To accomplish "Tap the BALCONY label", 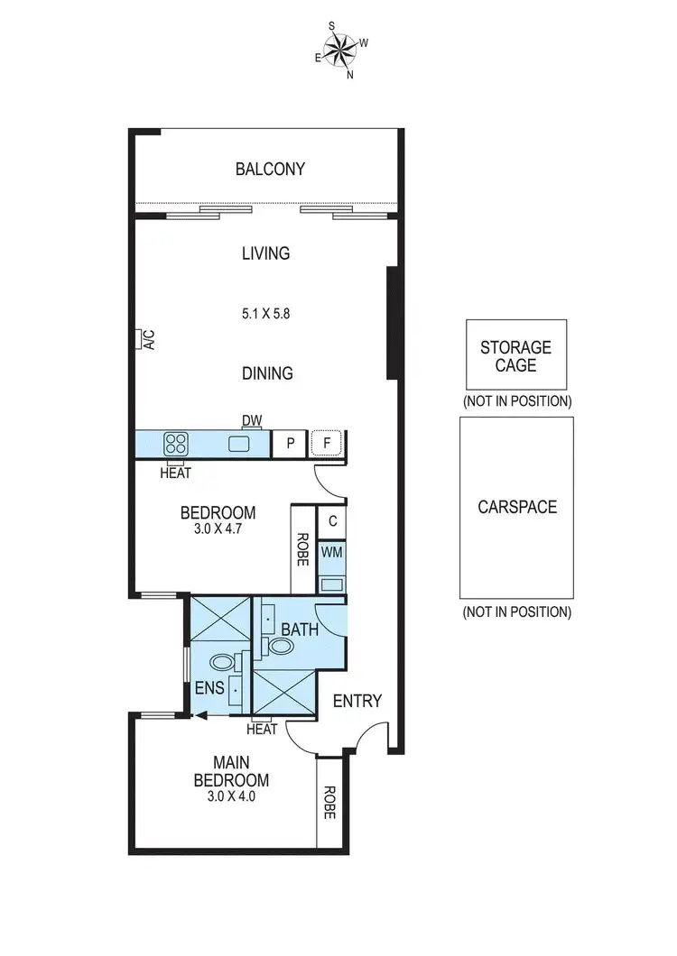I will (270, 169).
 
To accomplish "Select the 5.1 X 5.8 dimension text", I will (265, 315).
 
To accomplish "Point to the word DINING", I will (267, 372).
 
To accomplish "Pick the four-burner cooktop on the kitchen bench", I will (175, 444).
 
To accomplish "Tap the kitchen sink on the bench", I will (239, 444).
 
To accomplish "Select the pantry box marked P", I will (290, 444).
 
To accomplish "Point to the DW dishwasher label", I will (251, 420).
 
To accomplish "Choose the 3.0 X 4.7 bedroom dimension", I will (218, 529).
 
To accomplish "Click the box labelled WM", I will (331, 551).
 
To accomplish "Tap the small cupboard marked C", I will (331, 520).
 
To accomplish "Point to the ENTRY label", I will (357, 701).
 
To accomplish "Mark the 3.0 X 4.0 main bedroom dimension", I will (231, 796).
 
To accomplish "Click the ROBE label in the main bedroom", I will (329, 802).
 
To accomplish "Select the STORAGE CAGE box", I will (515, 355).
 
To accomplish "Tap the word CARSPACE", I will (517, 507).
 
